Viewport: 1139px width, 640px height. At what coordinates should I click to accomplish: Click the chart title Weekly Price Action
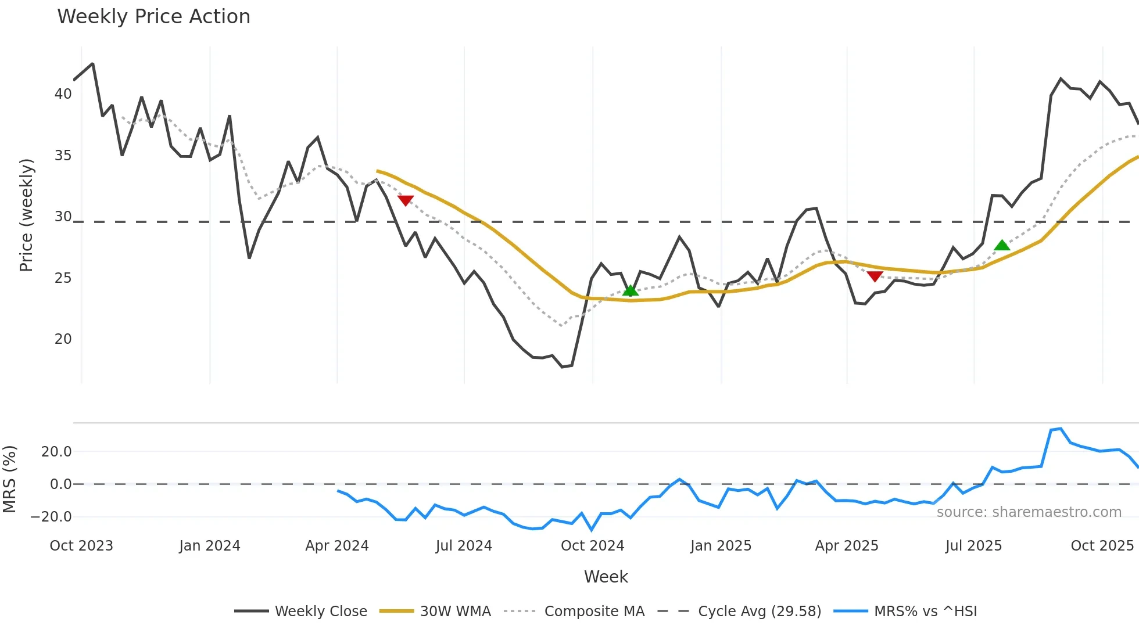pos(153,17)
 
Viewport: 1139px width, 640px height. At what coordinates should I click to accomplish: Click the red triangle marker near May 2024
pos(406,200)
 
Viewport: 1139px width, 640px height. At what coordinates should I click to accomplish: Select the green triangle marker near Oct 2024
pos(631,290)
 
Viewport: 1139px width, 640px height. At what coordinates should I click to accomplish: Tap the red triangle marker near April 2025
pos(875,276)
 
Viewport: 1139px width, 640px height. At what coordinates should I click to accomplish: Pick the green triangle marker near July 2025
pos(1002,245)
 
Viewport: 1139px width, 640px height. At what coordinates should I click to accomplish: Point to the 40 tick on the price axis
pos(63,94)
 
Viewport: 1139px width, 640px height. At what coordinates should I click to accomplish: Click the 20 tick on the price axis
pos(63,339)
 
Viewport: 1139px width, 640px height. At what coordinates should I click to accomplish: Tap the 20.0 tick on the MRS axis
pos(56,451)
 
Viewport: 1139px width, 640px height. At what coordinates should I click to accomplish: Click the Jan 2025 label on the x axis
pos(721,546)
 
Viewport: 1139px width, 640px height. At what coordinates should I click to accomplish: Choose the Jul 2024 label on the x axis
pos(464,546)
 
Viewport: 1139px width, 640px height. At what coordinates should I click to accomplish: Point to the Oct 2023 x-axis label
pos(81,546)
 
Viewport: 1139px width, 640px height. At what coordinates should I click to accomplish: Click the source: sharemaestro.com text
pos(1029,512)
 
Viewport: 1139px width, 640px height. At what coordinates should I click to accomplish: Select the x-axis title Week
pos(606,577)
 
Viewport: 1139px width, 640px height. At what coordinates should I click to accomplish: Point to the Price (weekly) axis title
pos(26,215)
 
